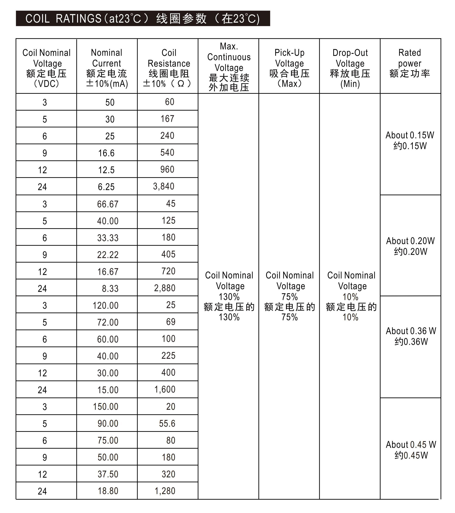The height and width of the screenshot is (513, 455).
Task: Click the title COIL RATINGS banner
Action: coord(143,18)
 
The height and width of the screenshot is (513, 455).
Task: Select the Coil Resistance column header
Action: coord(168,68)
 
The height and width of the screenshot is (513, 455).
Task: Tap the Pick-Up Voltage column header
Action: coord(289,68)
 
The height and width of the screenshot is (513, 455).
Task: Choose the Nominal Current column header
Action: coord(107,68)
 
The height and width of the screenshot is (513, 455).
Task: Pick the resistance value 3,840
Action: coord(164,186)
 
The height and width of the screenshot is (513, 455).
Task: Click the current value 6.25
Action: coord(106,187)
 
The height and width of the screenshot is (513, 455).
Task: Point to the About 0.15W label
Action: coord(410,140)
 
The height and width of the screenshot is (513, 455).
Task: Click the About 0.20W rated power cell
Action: coord(410,246)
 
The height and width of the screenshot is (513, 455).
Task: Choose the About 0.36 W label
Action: coord(411,336)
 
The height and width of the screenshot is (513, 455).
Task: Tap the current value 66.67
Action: coord(108,204)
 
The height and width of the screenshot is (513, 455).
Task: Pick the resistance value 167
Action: coord(167,119)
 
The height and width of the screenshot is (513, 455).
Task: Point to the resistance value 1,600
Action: coord(165,390)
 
